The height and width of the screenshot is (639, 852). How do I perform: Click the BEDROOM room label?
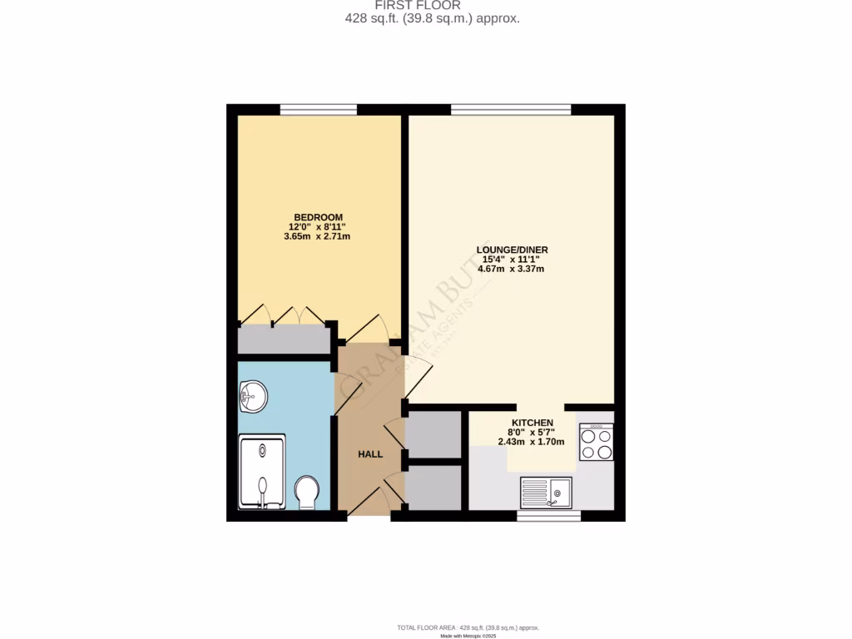tap(315, 217)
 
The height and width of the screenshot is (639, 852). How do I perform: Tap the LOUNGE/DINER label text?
tap(511, 250)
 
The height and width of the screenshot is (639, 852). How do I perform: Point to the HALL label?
tap(370, 454)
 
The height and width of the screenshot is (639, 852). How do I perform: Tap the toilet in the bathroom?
tap(306, 493)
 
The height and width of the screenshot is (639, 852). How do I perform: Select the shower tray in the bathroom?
tap(262, 471)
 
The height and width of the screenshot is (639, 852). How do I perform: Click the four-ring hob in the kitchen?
tap(596, 443)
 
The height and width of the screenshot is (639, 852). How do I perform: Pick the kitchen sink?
tap(546, 492)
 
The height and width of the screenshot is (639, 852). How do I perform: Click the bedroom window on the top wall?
tap(319, 109)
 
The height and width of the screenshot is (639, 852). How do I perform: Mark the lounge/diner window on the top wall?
tap(511, 109)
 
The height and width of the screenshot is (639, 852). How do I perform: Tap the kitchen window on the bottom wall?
tap(548, 517)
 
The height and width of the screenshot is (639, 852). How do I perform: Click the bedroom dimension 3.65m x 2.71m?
tap(315, 236)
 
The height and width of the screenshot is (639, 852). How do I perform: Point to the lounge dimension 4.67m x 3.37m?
tap(511, 268)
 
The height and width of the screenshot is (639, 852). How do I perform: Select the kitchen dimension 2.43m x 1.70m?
tap(531, 441)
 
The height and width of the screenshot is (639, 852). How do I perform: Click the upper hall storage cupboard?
tap(433, 433)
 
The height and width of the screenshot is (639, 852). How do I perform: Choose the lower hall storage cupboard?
tap(433, 488)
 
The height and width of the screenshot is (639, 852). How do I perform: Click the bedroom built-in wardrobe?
tap(282, 339)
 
